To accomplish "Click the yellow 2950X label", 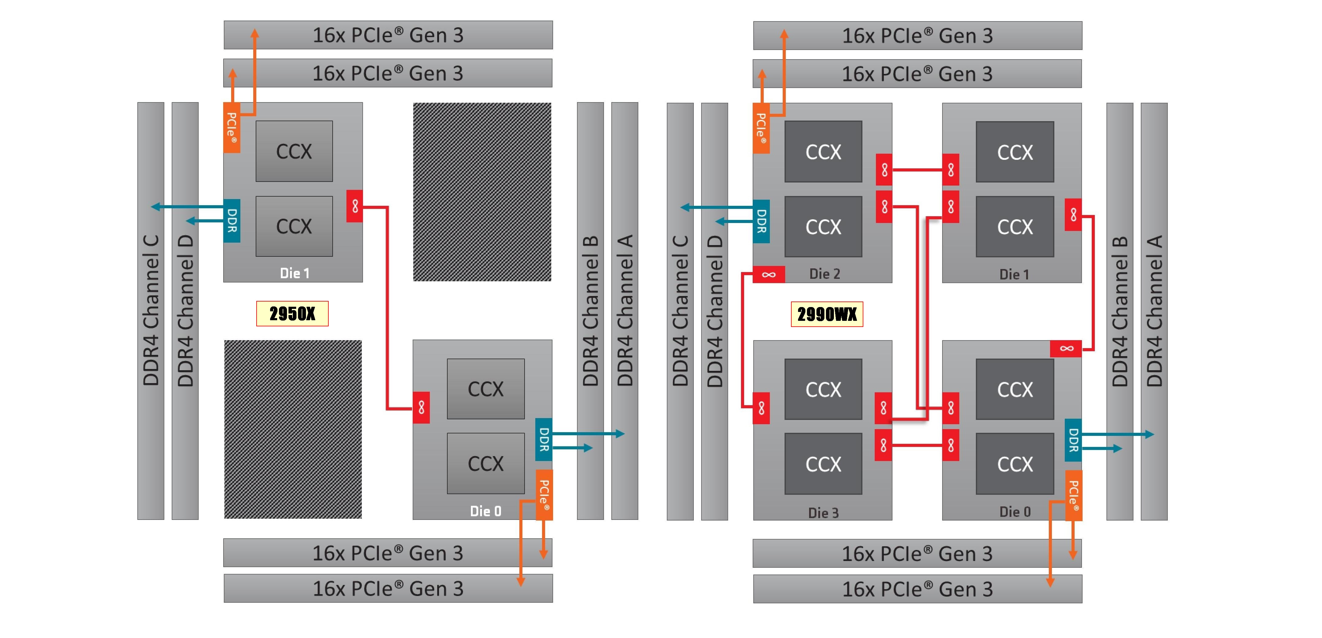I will (292, 313).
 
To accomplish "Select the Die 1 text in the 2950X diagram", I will (295, 273).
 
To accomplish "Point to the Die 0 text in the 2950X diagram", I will (486, 511).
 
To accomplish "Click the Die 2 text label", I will (824, 274).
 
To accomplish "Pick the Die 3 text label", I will (823, 512).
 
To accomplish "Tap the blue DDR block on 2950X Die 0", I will (544, 439).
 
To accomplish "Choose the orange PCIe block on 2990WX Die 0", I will (1073, 495).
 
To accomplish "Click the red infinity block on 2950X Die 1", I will (355, 206).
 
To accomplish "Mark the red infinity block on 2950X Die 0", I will (421, 408).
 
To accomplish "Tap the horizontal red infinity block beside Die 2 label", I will (768, 275).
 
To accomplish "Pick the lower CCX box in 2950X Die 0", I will (486, 463).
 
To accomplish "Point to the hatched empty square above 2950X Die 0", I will (482, 192).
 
